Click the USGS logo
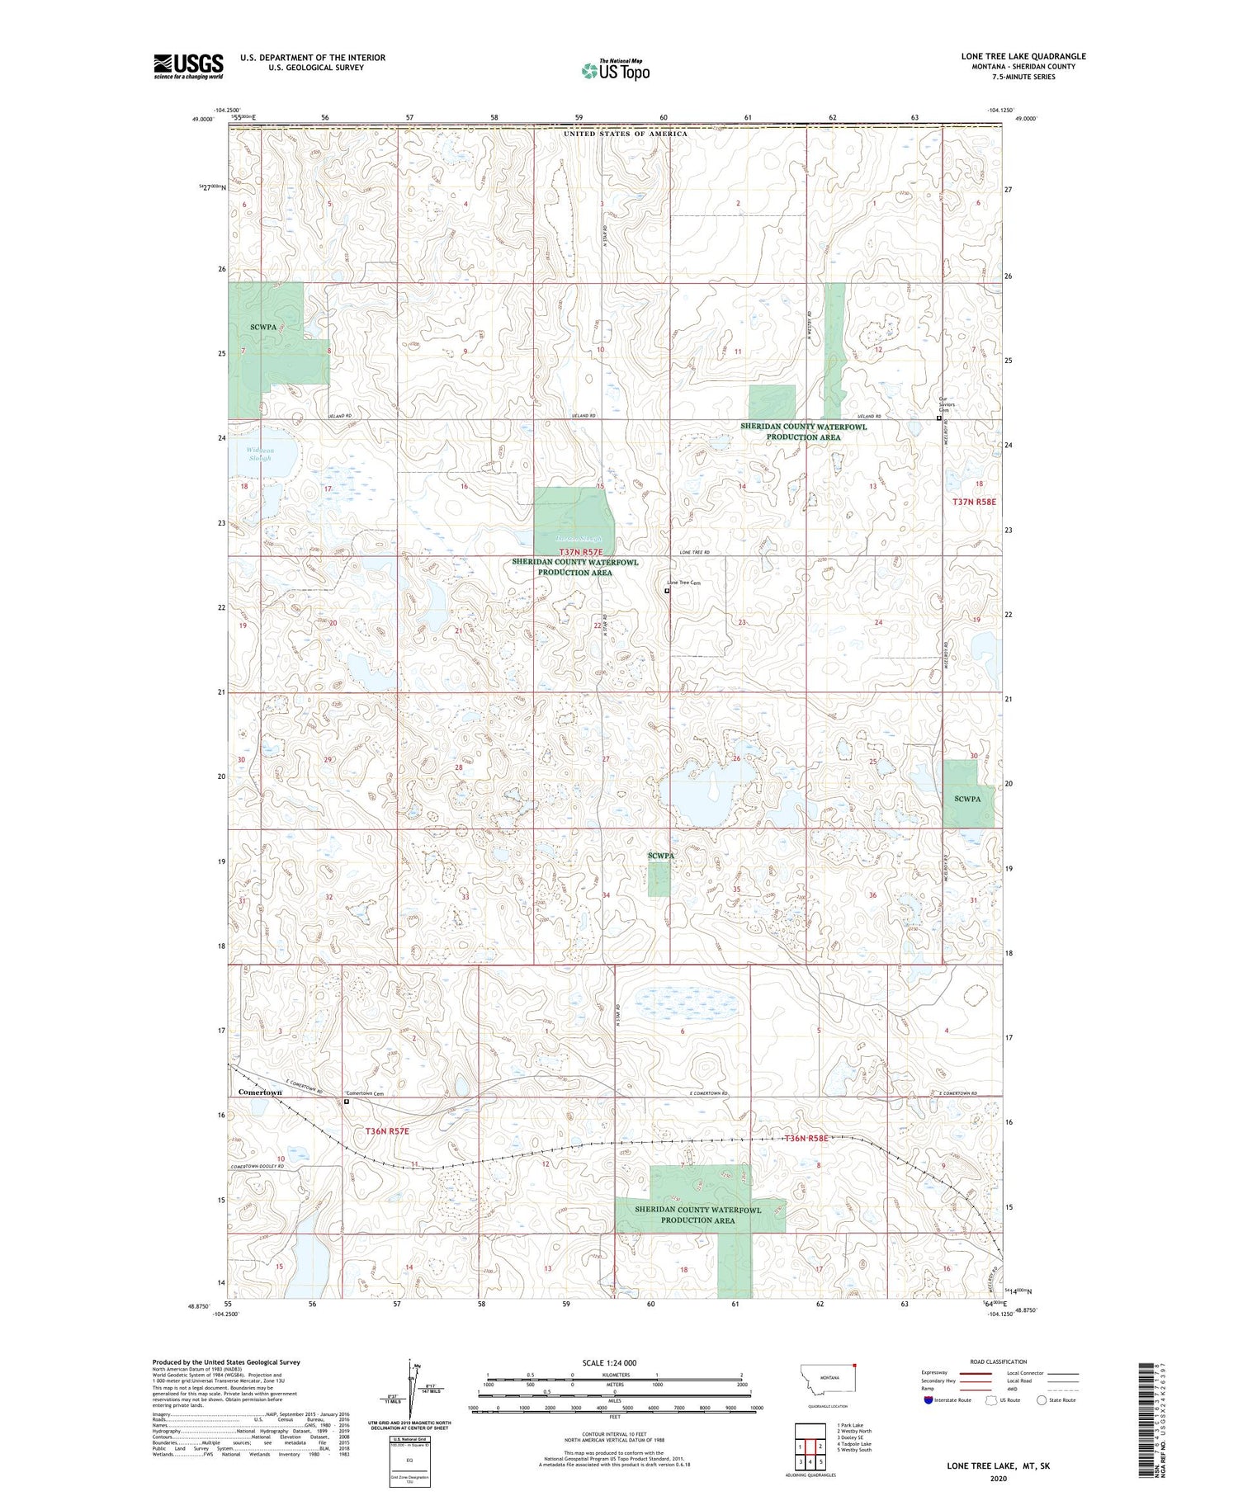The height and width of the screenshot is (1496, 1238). click(x=188, y=66)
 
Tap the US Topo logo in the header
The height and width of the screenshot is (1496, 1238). click(x=615, y=71)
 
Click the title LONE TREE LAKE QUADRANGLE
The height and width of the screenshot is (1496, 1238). click(x=1023, y=56)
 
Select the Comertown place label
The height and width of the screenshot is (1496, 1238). click(x=260, y=1092)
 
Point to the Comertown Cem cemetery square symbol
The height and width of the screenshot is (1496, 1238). click(x=347, y=1101)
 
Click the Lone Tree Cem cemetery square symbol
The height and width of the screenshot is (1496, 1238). click(x=667, y=591)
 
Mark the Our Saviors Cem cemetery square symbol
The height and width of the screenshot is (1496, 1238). click(x=938, y=418)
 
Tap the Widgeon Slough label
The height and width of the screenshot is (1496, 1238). click(x=260, y=455)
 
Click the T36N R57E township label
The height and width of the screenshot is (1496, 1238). click(x=380, y=1130)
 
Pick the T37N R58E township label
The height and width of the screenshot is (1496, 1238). click(x=974, y=502)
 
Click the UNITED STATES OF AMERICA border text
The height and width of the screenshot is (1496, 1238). click(x=626, y=134)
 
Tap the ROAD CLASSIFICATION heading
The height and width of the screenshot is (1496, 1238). click(x=999, y=1362)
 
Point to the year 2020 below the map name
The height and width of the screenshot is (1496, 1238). click(x=999, y=1479)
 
